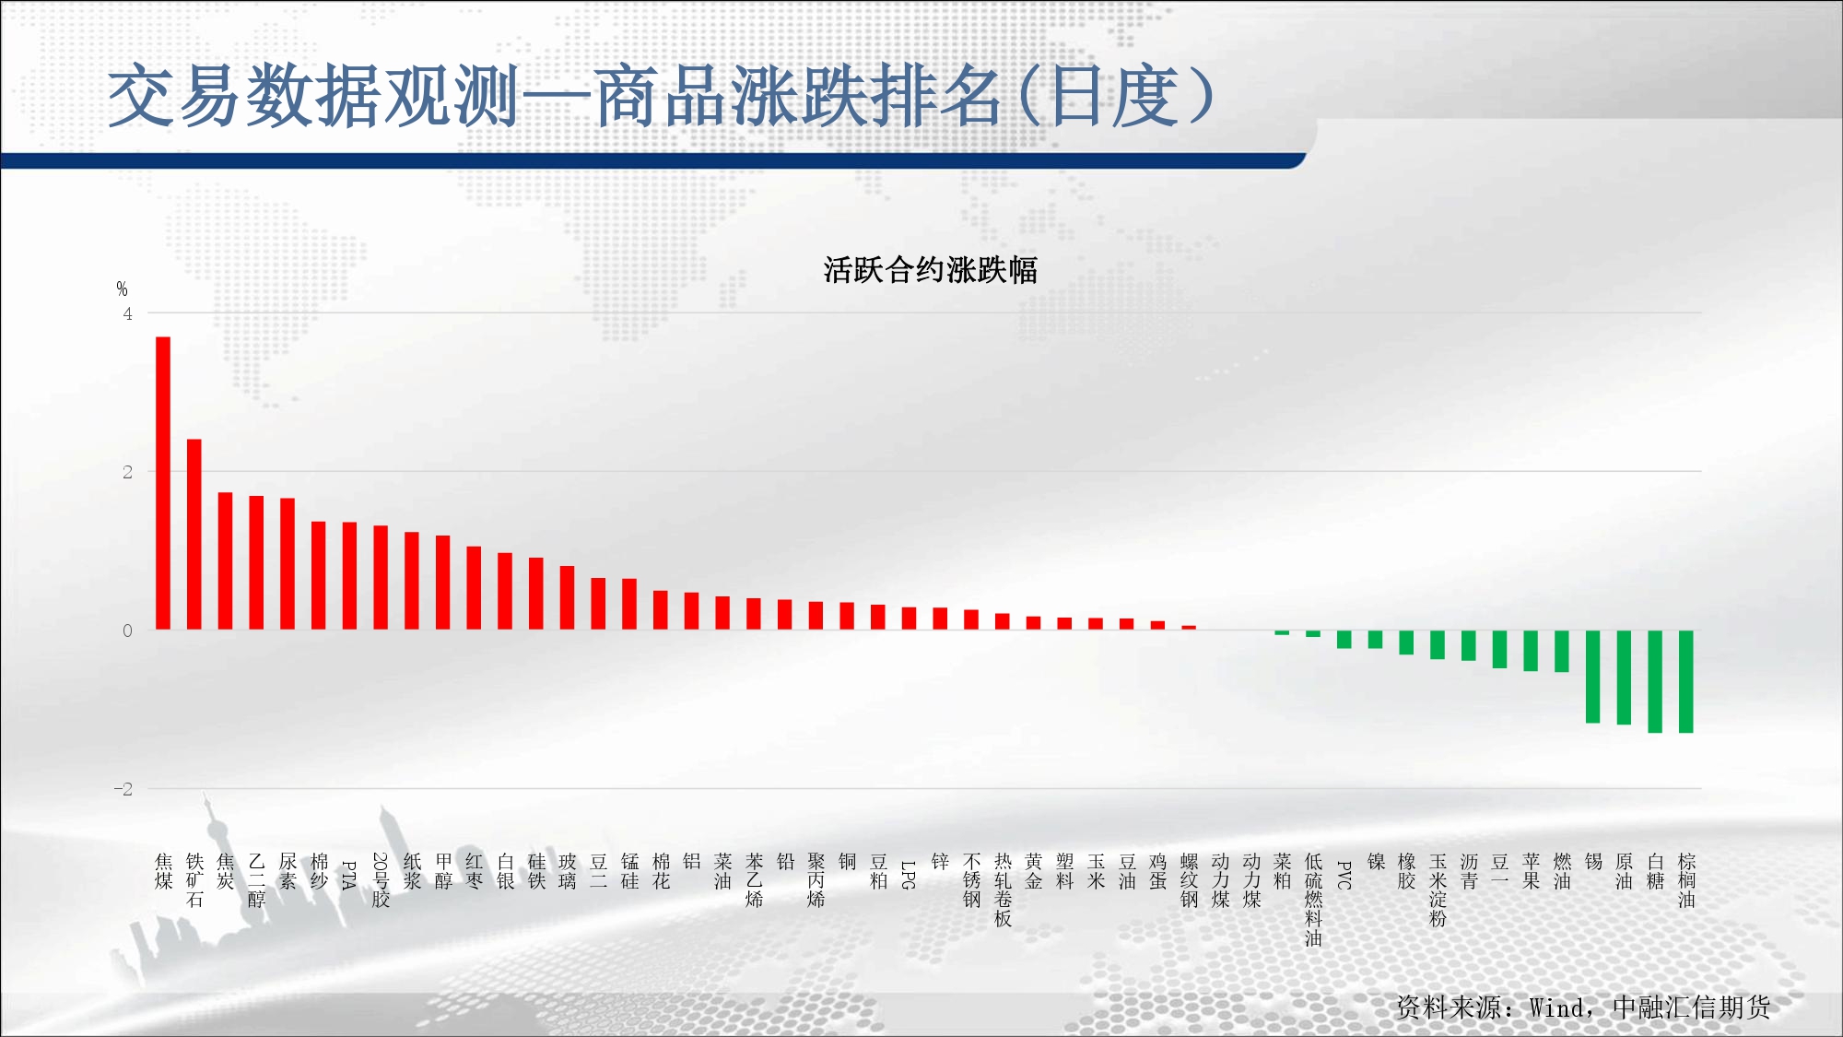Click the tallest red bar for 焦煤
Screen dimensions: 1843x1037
click(x=163, y=483)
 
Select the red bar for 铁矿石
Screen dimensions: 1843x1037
click(x=194, y=535)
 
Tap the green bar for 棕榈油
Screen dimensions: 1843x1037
click(x=1686, y=681)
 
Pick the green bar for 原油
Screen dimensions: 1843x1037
click(x=1624, y=678)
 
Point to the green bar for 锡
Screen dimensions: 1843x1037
click(x=1593, y=677)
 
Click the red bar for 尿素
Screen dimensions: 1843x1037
click(x=288, y=564)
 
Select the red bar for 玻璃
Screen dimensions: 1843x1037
click(x=568, y=597)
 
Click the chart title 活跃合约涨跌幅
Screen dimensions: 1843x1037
click(x=931, y=270)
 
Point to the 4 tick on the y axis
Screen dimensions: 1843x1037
click(x=128, y=313)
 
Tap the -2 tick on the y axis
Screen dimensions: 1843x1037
click(x=123, y=789)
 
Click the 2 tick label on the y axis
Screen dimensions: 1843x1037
click(x=128, y=472)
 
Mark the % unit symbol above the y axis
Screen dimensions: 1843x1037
click(x=122, y=289)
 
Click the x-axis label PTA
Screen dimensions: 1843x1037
click(x=349, y=875)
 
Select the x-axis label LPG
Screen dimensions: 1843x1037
click(x=909, y=875)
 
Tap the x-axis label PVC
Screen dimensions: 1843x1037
click(x=1344, y=875)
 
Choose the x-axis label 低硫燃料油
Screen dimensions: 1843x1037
click(x=1313, y=900)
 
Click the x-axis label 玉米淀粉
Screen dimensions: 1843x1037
click(x=1438, y=890)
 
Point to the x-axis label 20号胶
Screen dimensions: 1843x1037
click(x=381, y=880)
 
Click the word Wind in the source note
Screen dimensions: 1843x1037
click(x=1557, y=1008)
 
